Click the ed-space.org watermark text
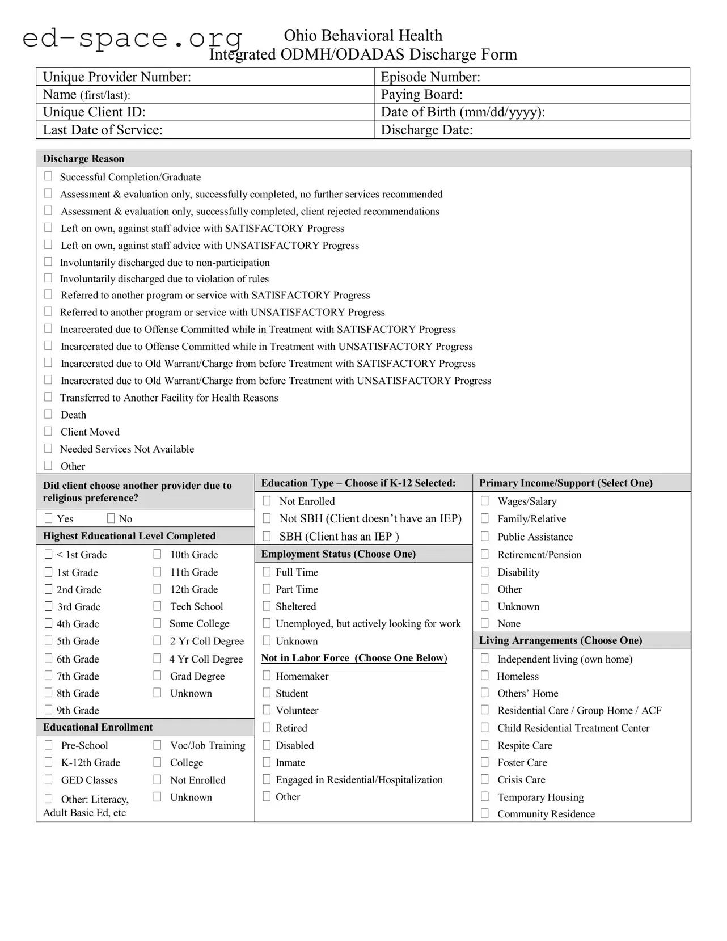pos(132,39)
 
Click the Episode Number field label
pos(430,77)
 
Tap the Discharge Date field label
pos(426,130)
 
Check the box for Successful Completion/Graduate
pos(48,176)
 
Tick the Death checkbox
pos(48,414)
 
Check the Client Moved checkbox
pos(48,431)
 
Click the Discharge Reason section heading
pos(83,159)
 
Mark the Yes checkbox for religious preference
pos(48,518)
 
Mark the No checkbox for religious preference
pos(111,518)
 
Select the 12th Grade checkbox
pos(157,589)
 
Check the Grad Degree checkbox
pos(157,676)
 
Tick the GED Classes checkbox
pos(48,779)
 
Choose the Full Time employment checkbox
pos(267,572)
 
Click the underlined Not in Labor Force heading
pos(354,658)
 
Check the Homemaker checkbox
pos(267,676)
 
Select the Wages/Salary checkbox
pos(485,501)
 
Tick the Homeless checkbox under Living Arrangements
pos(485,676)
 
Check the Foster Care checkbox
pos(485,762)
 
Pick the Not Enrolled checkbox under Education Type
pos(267,501)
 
